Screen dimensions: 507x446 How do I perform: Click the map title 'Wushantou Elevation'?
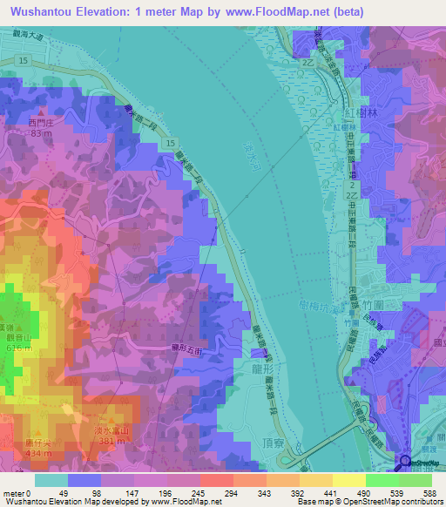(x=69, y=11)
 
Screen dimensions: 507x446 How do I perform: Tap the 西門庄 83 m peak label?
(x=40, y=127)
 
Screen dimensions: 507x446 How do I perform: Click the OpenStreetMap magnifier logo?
(x=406, y=461)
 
